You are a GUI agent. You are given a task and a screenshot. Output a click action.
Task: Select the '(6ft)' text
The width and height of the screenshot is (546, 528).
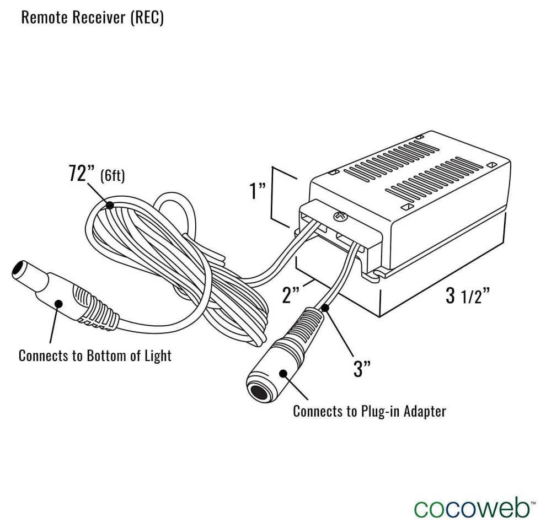(x=113, y=176)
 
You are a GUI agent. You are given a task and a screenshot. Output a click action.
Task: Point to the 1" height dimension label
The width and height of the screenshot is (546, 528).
(x=257, y=192)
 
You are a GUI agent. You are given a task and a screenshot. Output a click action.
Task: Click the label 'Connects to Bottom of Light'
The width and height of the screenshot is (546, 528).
(x=95, y=355)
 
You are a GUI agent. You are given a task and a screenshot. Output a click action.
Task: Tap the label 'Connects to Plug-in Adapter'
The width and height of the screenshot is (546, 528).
(x=369, y=411)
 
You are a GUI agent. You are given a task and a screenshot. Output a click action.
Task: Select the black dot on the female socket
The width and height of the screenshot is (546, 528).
(x=284, y=373)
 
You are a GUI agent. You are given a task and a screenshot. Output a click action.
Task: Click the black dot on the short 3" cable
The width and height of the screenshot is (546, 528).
(x=325, y=308)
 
